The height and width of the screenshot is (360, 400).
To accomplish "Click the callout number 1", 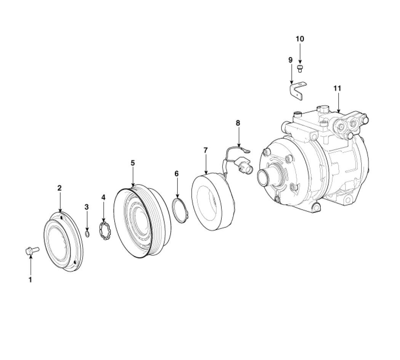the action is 30,279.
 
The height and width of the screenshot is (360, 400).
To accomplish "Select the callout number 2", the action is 59,188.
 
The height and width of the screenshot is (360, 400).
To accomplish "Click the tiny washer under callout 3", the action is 87,234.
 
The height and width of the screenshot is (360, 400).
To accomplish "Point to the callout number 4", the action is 103,197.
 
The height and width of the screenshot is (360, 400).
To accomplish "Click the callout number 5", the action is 133,163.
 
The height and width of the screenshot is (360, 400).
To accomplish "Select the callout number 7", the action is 206,150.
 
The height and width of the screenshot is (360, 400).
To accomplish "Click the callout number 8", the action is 238,123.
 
